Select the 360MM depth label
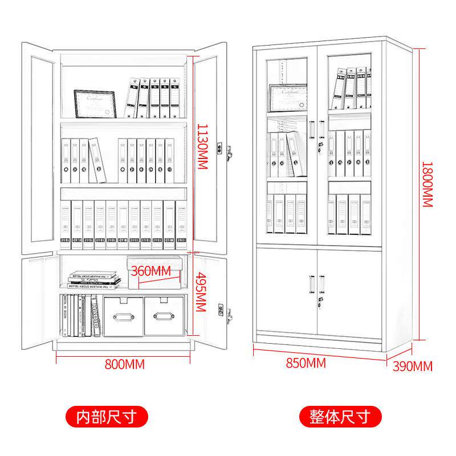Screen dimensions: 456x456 tap(150, 270)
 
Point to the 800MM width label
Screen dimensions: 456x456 tap(124, 364)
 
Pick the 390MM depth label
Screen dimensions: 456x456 tap(412, 366)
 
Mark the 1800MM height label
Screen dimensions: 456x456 tap(427, 184)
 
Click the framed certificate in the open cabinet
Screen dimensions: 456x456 tap(95, 103)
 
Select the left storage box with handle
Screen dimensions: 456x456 tap(123, 316)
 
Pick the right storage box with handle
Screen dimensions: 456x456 tap(165, 316)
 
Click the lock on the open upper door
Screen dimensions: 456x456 tap(229, 153)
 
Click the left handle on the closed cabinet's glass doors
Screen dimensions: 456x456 tap(312, 129)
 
